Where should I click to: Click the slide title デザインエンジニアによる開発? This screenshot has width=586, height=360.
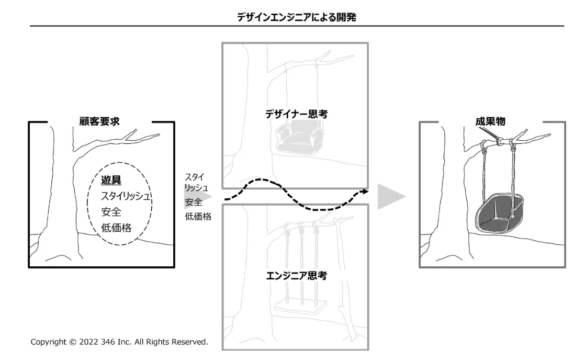pos(297,17)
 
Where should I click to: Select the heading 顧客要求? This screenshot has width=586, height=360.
pos(99,121)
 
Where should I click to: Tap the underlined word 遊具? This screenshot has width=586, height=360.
pos(111,181)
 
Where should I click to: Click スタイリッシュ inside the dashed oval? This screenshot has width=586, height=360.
pos(126,197)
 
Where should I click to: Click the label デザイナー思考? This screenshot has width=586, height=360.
pos(296,115)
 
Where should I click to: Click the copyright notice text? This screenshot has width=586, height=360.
pos(119,342)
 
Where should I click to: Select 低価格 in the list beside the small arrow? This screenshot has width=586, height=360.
pos(198,217)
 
